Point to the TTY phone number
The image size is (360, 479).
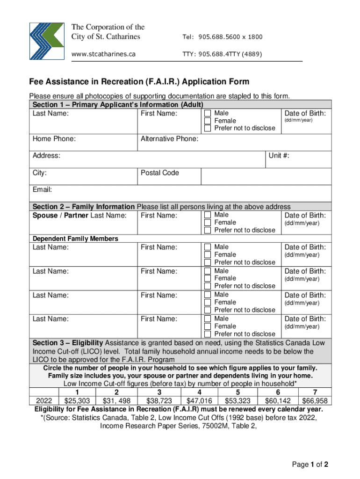(x=222, y=54)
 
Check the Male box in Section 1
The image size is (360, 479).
(x=208, y=114)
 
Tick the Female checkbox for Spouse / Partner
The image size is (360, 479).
(x=208, y=223)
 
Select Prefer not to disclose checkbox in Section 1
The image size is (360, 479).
(x=208, y=128)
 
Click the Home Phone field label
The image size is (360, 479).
(x=54, y=139)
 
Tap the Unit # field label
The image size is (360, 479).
(x=279, y=156)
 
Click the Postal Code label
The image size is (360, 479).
(x=160, y=173)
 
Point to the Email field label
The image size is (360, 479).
(x=42, y=190)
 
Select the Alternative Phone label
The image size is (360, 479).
(x=169, y=139)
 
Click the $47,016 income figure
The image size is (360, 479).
(x=199, y=401)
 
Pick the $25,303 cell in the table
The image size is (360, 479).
(x=77, y=401)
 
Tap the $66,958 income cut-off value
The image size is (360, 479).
(x=315, y=401)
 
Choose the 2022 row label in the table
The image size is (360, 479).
(x=44, y=401)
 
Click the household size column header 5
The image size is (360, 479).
(x=238, y=392)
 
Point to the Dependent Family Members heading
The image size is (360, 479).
(x=75, y=239)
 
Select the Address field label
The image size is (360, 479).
(x=46, y=156)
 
